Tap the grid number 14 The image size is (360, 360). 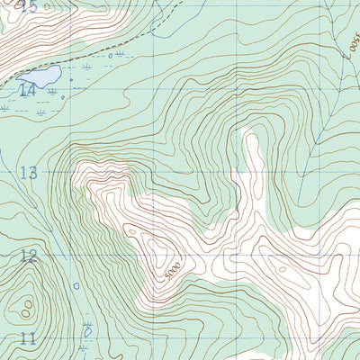pos(27,90)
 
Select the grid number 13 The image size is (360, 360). pos(29,173)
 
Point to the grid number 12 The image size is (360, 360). pos(29,256)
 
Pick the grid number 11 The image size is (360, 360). pos(29,338)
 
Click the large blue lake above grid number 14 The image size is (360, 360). pos(40,76)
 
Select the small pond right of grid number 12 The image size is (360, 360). pos(76,286)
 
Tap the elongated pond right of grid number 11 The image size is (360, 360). pos(86,334)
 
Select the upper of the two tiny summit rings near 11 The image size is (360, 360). pos(29,304)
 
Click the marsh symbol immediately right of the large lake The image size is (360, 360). pos(85,67)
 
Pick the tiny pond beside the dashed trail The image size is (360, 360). pos(111,56)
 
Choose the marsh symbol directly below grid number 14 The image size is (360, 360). pos(38,112)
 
